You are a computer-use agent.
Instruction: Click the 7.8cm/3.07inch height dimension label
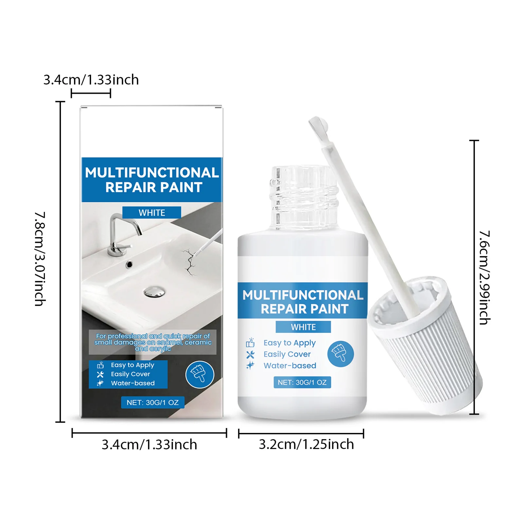(x=40, y=259)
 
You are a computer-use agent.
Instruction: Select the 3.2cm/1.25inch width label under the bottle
(x=306, y=444)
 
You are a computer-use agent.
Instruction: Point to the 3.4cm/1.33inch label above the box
(x=91, y=80)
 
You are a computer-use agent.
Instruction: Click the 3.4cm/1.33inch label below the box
(x=149, y=445)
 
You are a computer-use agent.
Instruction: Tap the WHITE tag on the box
(x=152, y=213)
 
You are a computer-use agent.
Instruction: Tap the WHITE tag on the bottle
(x=303, y=327)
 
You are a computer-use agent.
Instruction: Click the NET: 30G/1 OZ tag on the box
(x=153, y=403)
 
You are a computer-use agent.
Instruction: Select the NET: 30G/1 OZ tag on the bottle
(x=302, y=382)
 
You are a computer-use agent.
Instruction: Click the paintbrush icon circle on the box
(x=200, y=374)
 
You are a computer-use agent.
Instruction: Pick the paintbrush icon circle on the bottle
(x=340, y=354)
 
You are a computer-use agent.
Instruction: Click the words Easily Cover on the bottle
(x=287, y=354)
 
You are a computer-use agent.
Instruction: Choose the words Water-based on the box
(x=133, y=383)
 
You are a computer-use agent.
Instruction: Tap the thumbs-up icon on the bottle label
(x=250, y=343)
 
